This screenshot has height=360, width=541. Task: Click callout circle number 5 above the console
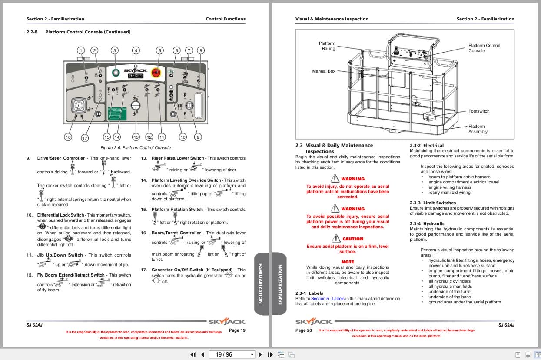(x=159, y=50)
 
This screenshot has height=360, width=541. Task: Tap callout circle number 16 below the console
(x=68, y=137)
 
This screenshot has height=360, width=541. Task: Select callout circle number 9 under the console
(x=198, y=137)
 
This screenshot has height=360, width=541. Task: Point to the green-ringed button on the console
(x=116, y=72)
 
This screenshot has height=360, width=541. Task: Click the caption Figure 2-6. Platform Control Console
(x=136, y=148)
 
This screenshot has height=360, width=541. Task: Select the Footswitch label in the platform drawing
(x=478, y=111)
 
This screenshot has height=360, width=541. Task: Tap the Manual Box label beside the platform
(x=324, y=71)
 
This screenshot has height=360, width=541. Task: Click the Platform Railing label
(x=327, y=46)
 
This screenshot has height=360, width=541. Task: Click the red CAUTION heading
(x=352, y=239)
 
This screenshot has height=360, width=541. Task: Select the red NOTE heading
(x=348, y=262)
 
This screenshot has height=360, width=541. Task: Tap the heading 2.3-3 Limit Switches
(x=427, y=203)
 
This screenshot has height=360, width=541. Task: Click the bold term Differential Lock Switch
(x=60, y=215)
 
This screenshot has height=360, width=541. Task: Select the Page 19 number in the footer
(x=237, y=330)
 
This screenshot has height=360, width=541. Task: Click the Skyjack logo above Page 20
(x=314, y=322)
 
